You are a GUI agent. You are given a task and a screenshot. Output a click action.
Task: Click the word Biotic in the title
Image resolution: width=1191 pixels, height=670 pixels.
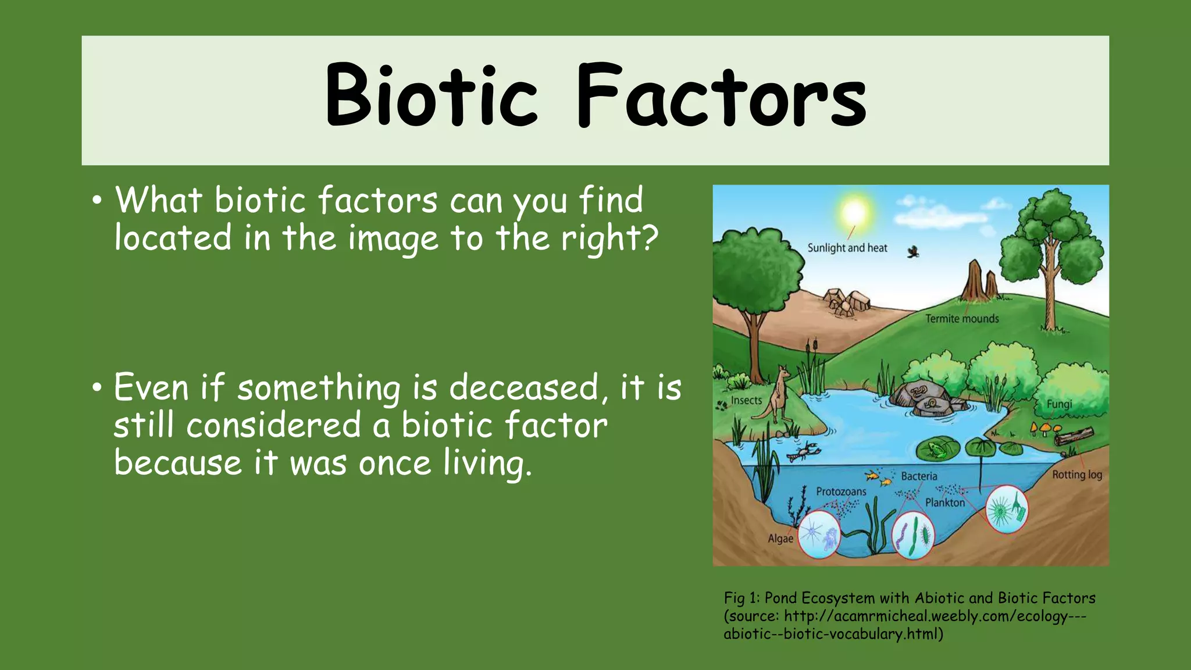(x=430, y=96)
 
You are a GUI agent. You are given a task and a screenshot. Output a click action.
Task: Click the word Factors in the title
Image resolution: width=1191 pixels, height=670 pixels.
(x=721, y=96)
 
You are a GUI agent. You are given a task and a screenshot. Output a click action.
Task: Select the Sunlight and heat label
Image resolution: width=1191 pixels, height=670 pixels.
(x=847, y=248)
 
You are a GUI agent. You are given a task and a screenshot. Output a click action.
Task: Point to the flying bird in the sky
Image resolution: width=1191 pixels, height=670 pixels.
(x=914, y=252)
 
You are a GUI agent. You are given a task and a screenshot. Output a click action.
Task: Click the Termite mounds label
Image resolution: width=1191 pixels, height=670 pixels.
(x=962, y=319)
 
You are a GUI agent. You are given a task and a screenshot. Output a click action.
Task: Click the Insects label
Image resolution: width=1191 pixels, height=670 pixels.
(x=746, y=401)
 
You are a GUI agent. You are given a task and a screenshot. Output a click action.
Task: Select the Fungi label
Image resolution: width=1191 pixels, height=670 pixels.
(x=1059, y=404)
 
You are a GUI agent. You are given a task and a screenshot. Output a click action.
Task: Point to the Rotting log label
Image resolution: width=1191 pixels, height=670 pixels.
(x=1077, y=475)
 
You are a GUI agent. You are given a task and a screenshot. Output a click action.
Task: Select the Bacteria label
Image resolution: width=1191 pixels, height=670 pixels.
(x=919, y=476)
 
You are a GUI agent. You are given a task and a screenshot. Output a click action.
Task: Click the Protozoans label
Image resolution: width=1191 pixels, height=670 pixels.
(x=841, y=491)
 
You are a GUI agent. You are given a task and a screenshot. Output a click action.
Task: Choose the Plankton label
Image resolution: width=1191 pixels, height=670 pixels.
(x=945, y=502)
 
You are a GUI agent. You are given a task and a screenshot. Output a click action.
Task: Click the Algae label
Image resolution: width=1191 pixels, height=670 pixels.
(x=780, y=539)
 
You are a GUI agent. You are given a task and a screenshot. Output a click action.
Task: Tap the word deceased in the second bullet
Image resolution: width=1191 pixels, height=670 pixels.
(x=523, y=388)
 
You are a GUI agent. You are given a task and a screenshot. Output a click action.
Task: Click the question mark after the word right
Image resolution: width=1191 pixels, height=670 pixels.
(x=650, y=237)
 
